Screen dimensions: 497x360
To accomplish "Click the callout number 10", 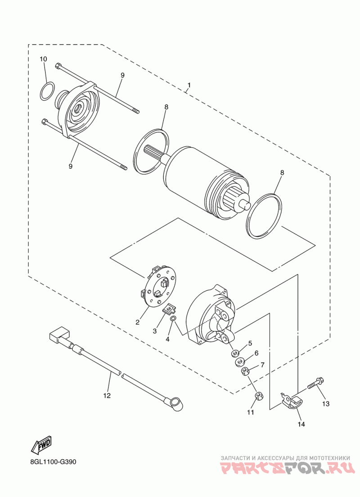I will [x=43, y=59].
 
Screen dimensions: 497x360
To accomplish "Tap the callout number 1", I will [x=189, y=85].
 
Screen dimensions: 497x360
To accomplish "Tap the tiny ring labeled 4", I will [x=173, y=319].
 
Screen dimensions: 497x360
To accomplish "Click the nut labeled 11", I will [x=258, y=396].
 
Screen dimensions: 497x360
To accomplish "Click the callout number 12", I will [x=106, y=396].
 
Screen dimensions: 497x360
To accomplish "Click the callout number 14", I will [x=301, y=424].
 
